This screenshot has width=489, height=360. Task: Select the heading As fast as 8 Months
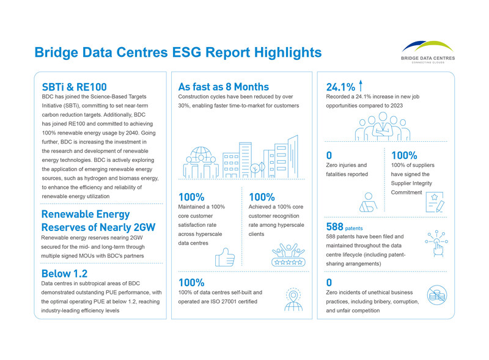click(222, 86)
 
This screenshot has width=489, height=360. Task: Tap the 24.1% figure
click(340, 86)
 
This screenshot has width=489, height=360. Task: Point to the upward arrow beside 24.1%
click(361, 86)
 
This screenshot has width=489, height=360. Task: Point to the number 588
click(335, 227)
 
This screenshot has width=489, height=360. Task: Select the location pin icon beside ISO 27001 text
click(293, 298)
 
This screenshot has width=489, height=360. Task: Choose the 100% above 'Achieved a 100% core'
click(262, 197)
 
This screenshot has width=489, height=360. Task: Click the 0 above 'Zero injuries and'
click(329, 155)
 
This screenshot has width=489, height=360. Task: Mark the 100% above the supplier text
click(404, 155)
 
